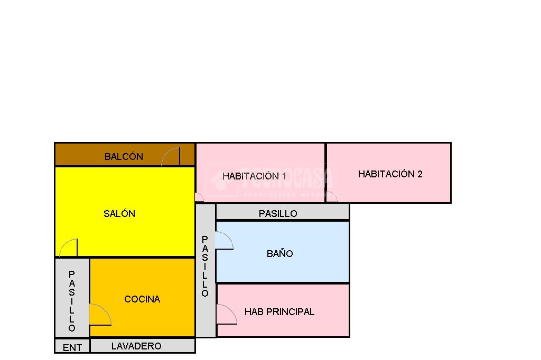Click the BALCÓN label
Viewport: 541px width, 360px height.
124,156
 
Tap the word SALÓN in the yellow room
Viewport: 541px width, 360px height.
119,214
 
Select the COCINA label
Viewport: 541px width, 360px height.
142,299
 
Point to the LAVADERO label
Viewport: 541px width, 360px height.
136,346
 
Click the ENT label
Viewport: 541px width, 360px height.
72,348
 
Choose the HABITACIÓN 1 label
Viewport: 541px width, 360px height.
254,176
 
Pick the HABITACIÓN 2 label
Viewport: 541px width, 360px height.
390,174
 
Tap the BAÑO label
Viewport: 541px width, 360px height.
280,254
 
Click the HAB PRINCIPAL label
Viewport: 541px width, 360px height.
279,312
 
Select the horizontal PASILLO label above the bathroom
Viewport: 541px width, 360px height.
278,214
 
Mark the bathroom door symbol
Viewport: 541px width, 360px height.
224,241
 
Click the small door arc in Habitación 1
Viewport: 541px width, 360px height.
199,197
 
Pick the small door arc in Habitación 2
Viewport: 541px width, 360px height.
332,197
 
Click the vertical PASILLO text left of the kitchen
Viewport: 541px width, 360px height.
72,301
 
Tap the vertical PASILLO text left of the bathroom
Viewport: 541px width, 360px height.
205,267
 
